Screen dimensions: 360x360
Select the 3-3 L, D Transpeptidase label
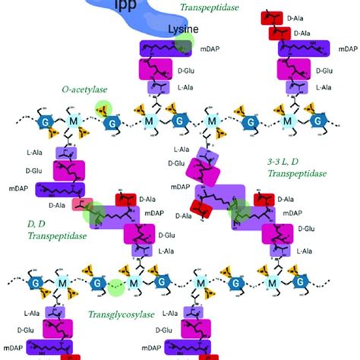pyautogui.click(x=296, y=168)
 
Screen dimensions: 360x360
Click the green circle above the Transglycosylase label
pyautogui.click(x=115, y=286)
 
